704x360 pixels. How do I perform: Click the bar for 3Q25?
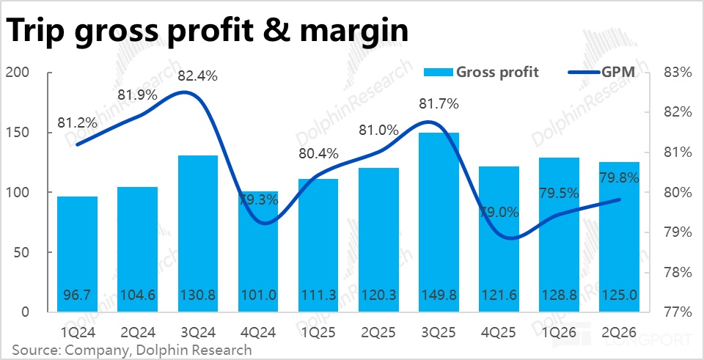(x=439, y=222)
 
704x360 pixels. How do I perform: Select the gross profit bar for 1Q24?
(x=77, y=254)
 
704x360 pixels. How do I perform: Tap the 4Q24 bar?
(x=258, y=251)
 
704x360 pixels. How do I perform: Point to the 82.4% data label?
(x=197, y=76)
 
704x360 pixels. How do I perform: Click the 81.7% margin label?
(x=439, y=104)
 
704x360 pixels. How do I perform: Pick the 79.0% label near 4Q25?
(x=499, y=212)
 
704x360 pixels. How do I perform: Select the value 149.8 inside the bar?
(x=439, y=295)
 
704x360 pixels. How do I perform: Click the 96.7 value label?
(x=77, y=295)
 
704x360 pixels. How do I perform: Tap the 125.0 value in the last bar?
(x=619, y=295)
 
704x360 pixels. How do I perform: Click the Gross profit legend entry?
(x=480, y=72)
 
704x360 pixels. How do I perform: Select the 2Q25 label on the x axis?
(x=378, y=333)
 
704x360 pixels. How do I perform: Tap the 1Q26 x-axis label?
(x=559, y=333)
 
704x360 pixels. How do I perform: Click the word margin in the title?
(x=337, y=32)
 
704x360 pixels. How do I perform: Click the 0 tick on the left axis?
(x=26, y=312)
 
